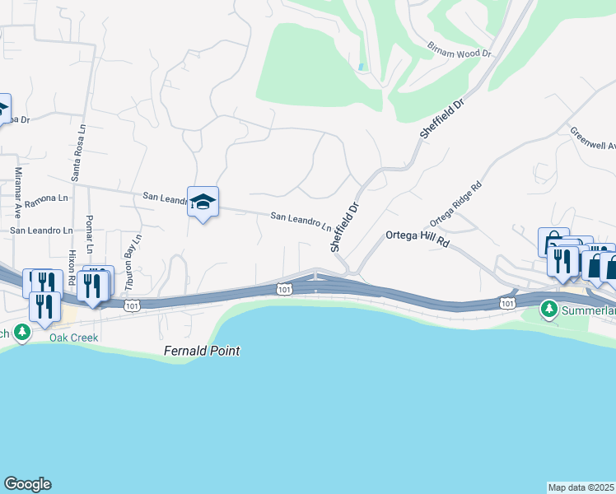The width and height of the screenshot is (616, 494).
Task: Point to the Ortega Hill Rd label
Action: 418,239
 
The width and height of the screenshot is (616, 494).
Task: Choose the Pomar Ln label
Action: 90,235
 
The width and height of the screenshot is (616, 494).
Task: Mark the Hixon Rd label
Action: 72,267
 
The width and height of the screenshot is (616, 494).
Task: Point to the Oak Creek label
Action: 73,338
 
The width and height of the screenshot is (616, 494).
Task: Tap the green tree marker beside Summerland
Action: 548,310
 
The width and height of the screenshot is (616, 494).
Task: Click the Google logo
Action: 27,483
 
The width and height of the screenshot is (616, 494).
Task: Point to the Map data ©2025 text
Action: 581,487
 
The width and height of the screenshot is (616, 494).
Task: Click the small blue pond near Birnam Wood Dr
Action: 362,66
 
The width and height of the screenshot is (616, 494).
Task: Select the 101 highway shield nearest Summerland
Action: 507,304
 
